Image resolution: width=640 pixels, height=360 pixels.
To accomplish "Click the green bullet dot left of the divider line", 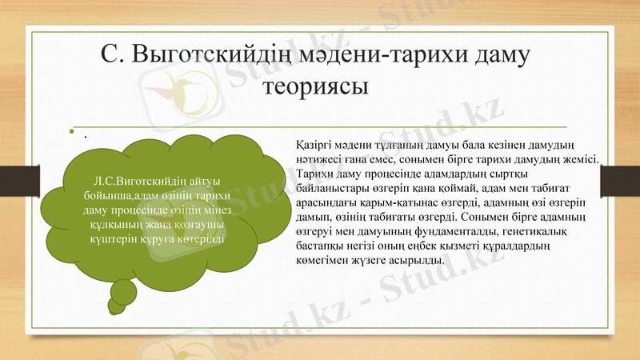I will (x=71, y=132).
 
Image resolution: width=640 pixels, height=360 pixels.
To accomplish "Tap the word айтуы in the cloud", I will (x=206, y=181).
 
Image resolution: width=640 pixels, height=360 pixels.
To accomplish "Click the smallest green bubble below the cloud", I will (x=117, y=305).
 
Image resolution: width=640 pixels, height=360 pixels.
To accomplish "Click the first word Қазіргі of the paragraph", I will (x=315, y=145).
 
